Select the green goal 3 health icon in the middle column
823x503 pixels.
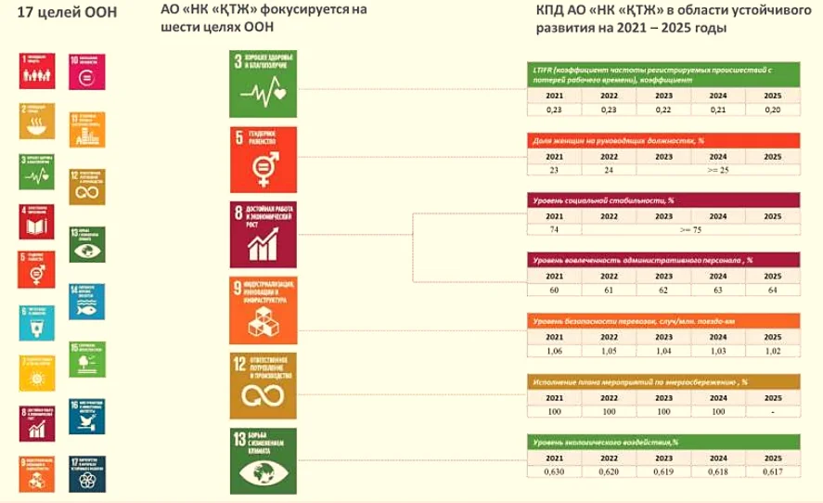264,82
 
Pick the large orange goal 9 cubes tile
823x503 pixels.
264,307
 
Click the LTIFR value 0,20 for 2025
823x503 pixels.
772,109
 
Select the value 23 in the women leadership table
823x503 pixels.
553,170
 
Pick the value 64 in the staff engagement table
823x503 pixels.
772,290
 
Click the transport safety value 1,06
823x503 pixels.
553,353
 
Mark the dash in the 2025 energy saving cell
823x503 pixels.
772,410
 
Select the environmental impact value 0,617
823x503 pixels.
772,472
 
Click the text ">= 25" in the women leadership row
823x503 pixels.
717,170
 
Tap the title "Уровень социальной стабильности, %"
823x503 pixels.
603,200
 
